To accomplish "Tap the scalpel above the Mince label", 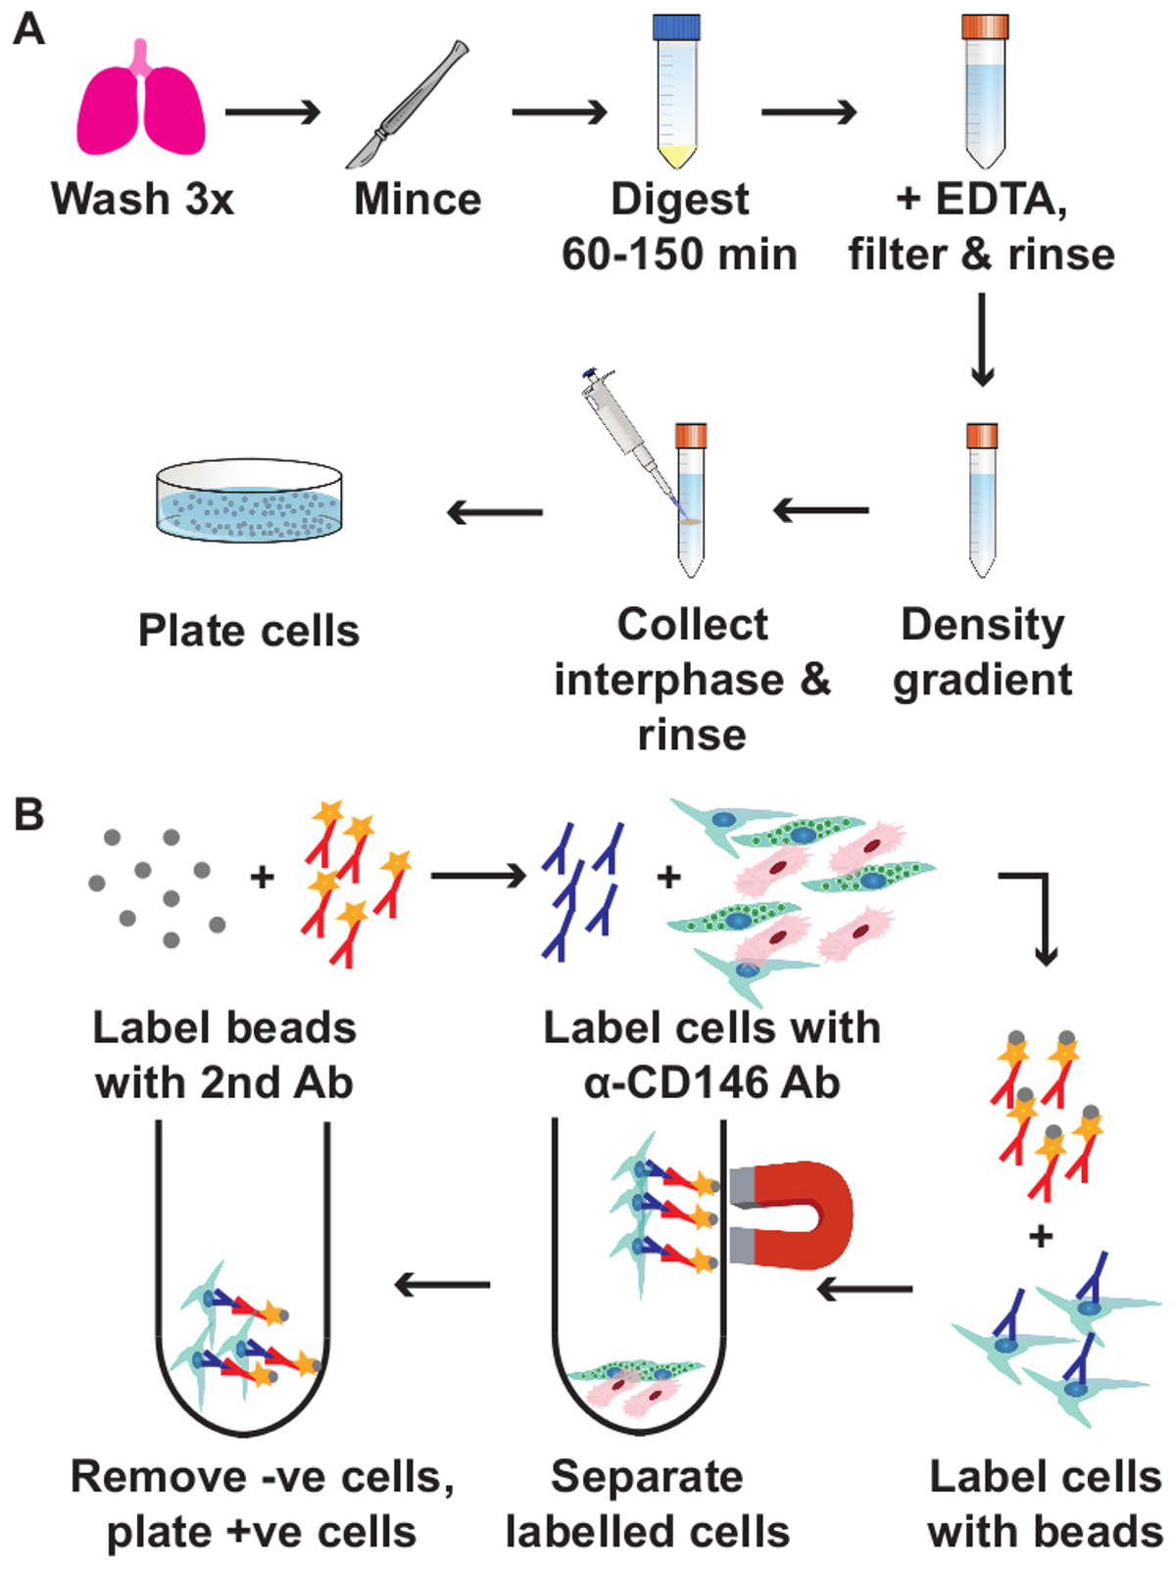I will point(407,106).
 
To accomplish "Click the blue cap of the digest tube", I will point(676,26).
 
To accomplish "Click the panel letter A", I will point(29,29).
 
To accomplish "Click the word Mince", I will point(417,200).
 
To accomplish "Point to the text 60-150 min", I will point(679,255).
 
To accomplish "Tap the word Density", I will point(983,625).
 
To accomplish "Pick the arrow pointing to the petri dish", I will point(494,511).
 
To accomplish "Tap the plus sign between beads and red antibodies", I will point(262,876).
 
